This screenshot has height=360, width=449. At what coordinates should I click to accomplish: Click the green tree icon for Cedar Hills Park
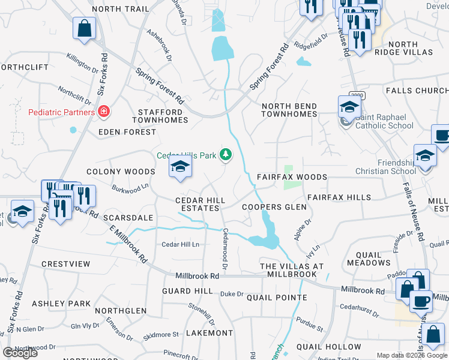point(226,155)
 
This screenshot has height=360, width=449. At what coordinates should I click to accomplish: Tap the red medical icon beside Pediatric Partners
point(104,112)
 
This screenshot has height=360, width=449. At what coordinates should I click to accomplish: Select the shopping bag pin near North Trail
point(85,28)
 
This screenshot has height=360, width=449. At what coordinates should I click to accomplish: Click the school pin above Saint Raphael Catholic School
point(349,107)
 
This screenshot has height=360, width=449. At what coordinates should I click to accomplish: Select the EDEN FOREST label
point(122,131)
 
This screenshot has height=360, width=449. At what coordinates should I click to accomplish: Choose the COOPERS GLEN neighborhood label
point(274,207)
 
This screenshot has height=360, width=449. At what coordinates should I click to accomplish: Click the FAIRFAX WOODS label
point(292,177)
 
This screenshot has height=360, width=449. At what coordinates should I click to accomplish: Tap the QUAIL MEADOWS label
point(369,258)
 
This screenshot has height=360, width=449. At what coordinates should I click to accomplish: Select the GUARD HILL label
point(187,290)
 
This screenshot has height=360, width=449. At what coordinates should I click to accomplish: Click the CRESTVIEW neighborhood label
point(65,264)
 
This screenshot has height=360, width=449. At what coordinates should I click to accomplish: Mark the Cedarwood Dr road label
point(226,248)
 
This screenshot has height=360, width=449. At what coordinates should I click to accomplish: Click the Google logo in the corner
point(20,353)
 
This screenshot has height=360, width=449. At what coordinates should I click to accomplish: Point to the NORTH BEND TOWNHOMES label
point(289,111)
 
